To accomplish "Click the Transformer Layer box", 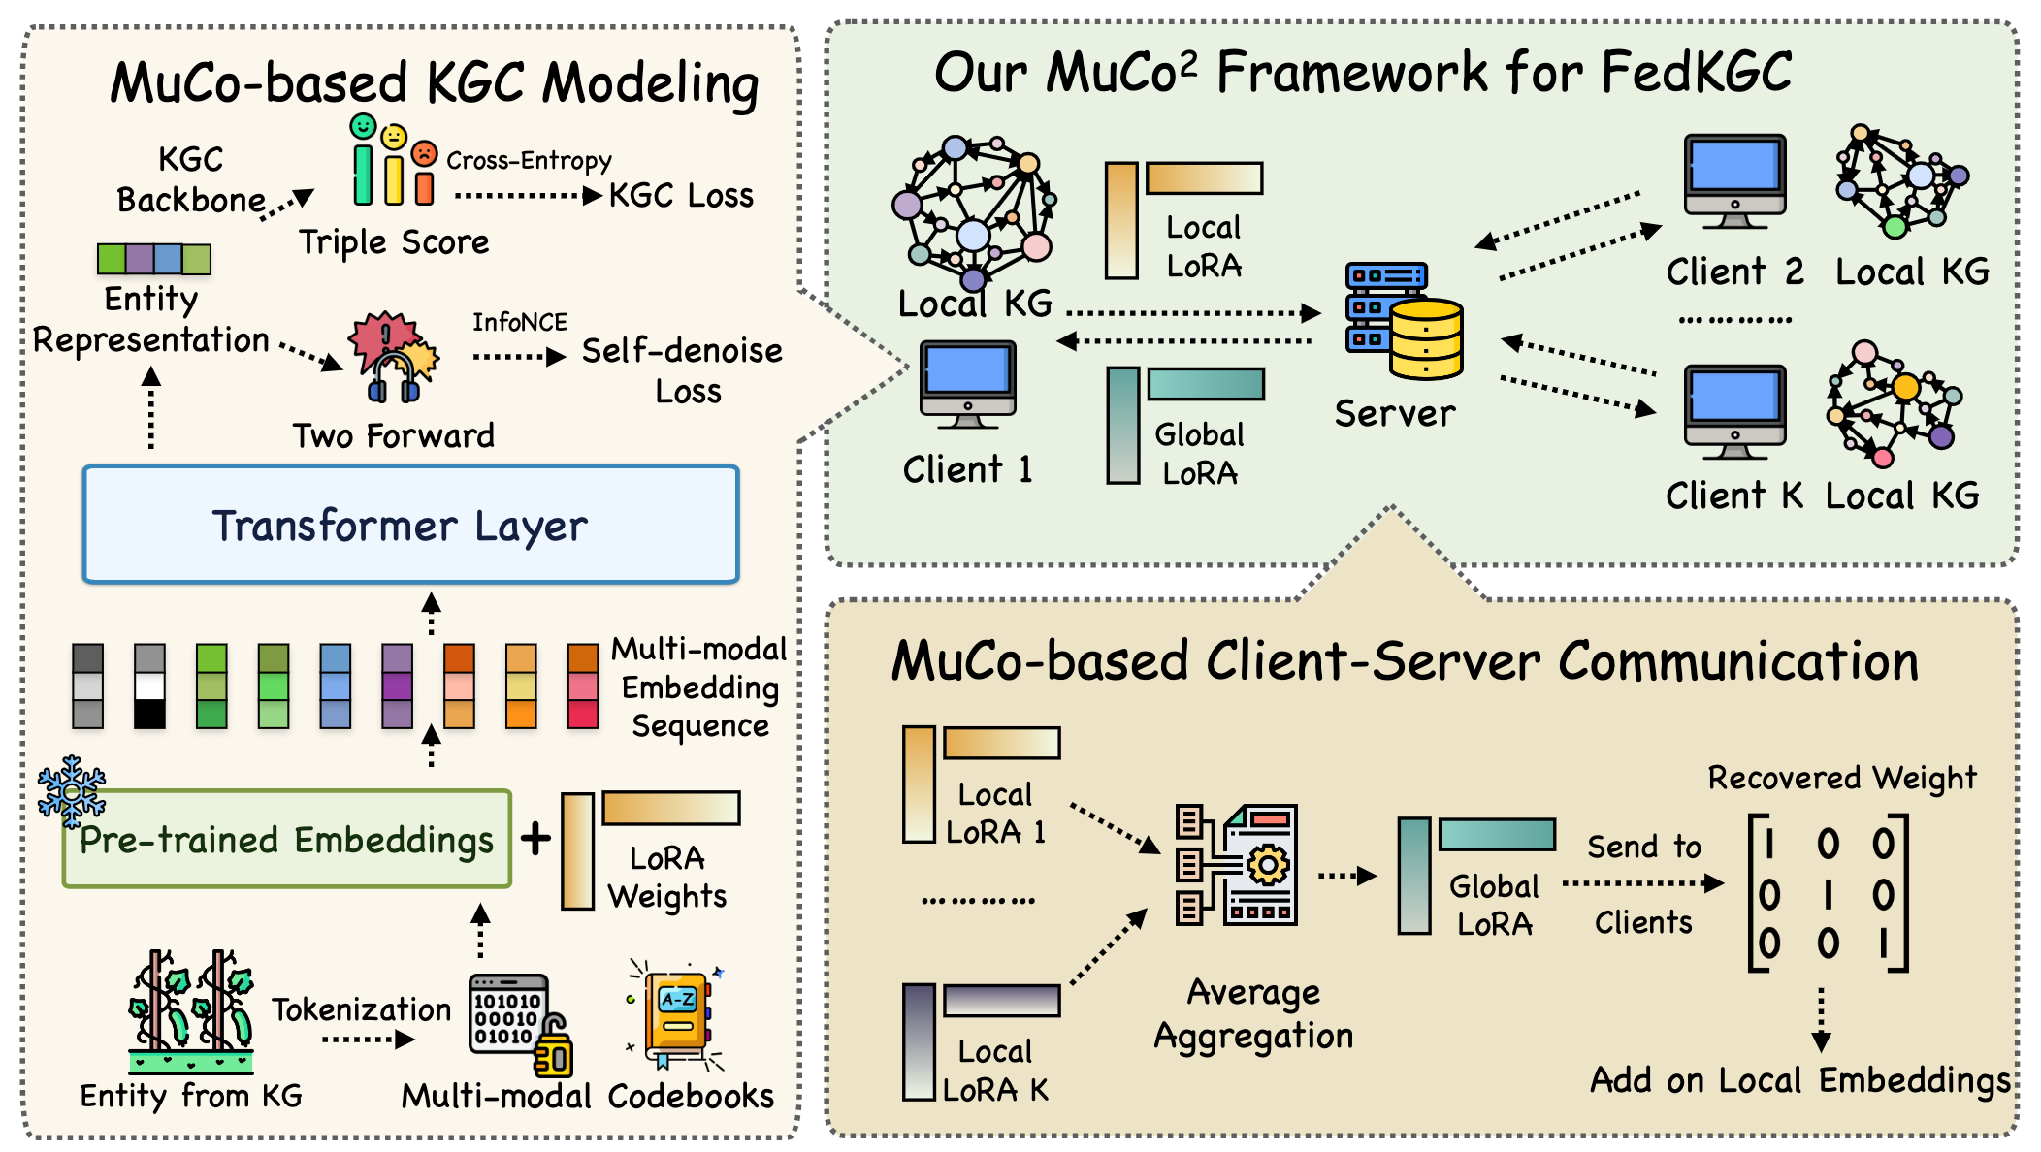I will click(410, 525).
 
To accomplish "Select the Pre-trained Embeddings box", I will click(287, 840).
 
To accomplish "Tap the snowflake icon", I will click(71, 790).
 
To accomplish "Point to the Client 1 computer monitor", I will click(967, 382).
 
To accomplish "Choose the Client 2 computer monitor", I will click(1734, 179).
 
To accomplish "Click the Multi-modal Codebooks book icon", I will click(677, 1018).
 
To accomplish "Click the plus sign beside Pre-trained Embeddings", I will click(535, 839).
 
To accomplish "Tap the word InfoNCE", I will click(520, 322).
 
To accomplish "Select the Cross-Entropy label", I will click(529, 160).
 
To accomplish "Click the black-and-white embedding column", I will click(149, 686).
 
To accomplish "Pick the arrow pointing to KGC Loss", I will click(529, 196).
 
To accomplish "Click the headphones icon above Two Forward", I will click(394, 378).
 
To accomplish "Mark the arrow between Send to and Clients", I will click(1643, 883).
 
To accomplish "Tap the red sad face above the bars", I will click(424, 153).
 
